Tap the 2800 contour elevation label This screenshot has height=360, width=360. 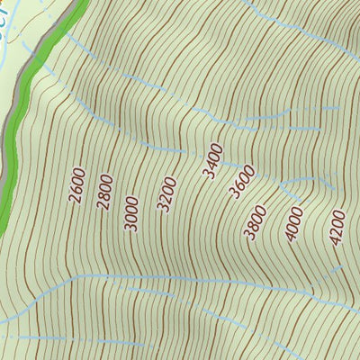pos(104,191)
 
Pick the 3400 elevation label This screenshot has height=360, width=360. pos(213,160)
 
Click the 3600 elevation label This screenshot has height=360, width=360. pos(238,182)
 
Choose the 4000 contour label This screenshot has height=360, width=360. pos(294,224)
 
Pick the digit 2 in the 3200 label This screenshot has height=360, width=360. pos(164,197)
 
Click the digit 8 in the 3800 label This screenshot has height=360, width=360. pos(252,226)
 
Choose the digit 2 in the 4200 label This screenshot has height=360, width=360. pos(336,232)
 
